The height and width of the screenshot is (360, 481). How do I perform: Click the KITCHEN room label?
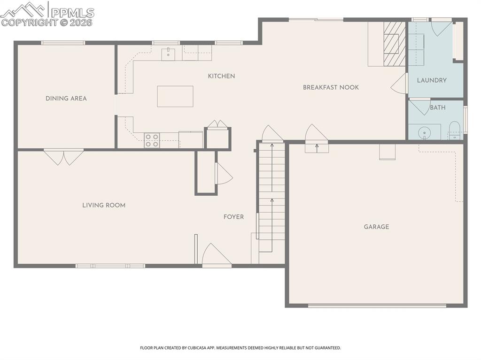[x=221, y=76]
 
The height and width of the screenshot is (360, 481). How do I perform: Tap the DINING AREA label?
[x=66, y=99]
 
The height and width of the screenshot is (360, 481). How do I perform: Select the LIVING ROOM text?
[x=104, y=205]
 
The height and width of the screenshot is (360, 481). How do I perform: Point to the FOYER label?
[x=233, y=217]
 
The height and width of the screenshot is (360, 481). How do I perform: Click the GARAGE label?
[x=376, y=227]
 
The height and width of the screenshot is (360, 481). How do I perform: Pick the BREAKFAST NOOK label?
[x=331, y=87]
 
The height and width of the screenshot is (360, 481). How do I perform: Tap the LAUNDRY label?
[x=432, y=80]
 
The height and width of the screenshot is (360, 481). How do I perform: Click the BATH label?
[x=438, y=107]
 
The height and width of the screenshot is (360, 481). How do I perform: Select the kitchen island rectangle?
[x=175, y=96]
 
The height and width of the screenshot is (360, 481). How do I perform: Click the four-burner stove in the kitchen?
[x=152, y=140]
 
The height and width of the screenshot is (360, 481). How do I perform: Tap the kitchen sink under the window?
[x=169, y=54]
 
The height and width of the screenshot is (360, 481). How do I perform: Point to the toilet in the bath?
[x=455, y=130]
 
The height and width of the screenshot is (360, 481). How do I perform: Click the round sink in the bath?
[x=425, y=133]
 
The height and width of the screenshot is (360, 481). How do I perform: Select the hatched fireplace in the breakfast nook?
[x=395, y=44]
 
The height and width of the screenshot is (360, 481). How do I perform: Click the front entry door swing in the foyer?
[x=217, y=254]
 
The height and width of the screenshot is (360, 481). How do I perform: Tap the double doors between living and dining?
[x=64, y=157]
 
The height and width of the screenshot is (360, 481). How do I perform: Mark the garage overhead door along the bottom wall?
[x=377, y=306]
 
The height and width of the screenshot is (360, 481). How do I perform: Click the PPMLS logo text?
[x=72, y=13]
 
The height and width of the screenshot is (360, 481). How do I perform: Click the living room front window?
[x=110, y=266]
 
